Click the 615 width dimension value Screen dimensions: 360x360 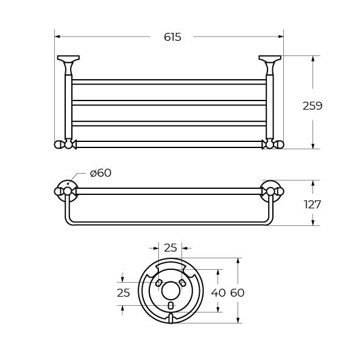[172, 37]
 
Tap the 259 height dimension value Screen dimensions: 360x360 [312, 106]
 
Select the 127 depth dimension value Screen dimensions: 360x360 [312, 205]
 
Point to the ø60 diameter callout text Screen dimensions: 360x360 [101, 173]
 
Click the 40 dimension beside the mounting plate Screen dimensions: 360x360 [218, 293]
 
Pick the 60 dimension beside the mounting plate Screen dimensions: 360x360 [237, 293]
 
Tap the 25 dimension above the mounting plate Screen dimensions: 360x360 [171, 248]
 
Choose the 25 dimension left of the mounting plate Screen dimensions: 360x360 [124, 293]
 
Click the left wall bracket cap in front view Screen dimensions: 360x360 [68, 58]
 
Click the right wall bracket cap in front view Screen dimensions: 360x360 [270, 58]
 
